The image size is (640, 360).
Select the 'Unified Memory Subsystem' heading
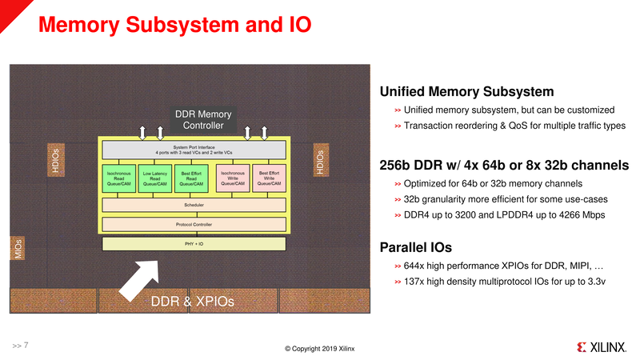tap(466, 92)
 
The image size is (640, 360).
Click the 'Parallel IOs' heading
tap(415, 247)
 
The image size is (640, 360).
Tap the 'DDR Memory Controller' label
tap(203, 120)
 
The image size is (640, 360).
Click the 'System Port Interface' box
tap(194, 149)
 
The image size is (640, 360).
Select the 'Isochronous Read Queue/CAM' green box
tap(119, 178)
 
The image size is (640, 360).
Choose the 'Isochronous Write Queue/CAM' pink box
tap(232, 178)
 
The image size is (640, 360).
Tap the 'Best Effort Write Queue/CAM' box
tap(269, 178)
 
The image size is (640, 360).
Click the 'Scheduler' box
tap(194, 205)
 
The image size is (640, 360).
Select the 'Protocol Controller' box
tap(194, 224)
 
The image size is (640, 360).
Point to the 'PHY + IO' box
tap(194, 243)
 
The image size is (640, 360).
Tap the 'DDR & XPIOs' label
tap(193, 302)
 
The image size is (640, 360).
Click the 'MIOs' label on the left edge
tap(15, 247)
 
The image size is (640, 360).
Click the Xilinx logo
tap(602, 348)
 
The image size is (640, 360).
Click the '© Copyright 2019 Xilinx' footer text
tap(320, 349)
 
